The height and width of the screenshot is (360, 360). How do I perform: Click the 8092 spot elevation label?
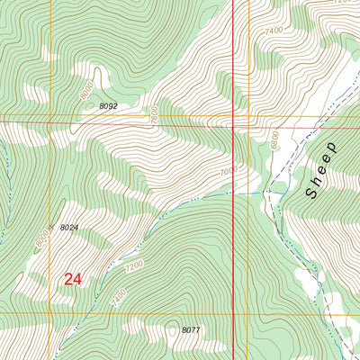point(108,106)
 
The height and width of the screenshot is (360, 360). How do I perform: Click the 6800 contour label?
point(274,139)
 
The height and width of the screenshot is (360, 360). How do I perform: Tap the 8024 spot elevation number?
point(70,228)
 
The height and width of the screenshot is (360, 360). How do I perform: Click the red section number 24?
point(73,280)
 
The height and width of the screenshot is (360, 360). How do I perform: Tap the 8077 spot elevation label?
point(190,330)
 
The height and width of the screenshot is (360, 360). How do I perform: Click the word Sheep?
point(321,169)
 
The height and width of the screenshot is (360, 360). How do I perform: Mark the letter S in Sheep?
point(312,192)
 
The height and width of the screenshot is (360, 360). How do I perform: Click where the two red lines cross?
point(234,126)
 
